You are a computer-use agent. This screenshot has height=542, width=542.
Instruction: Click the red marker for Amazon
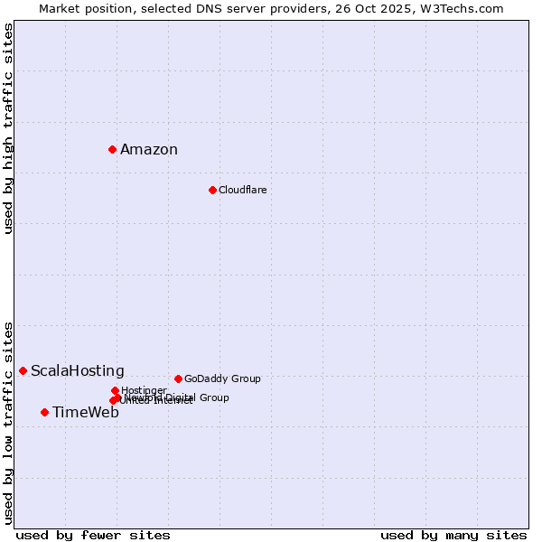click(x=112, y=149)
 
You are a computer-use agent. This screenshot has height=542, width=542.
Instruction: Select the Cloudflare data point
click(x=212, y=190)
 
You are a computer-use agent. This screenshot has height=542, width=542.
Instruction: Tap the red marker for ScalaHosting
click(x=23, y=370)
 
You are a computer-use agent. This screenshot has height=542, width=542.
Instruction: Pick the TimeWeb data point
click(x=44, y=412)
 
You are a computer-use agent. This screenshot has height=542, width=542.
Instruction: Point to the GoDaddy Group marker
click(x=178, y=378)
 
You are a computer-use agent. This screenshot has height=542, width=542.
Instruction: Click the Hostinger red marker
click(x=115, y=390)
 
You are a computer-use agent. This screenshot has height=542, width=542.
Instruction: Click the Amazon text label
click(x=149, y=150)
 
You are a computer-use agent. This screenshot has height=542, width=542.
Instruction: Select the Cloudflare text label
click(x=242, y=190)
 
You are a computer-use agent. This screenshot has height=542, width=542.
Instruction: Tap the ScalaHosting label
click(x=78, y=371)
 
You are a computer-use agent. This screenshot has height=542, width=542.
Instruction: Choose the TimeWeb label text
click(x=86, y=413)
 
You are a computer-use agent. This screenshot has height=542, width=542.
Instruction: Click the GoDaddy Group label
click(x=222, y=378)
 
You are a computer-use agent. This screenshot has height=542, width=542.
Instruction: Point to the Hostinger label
click(x=145, y=390)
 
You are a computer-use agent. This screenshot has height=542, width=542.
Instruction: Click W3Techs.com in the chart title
click(x=463, y=8)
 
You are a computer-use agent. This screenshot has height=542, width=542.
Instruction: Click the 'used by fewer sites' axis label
click(x=93, y=535)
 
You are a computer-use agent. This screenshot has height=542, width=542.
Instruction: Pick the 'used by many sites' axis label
click(x=453, y=535)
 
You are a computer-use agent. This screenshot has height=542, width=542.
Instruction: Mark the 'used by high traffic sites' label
click(x=8, y=128)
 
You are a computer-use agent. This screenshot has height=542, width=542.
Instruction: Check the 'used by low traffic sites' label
click(x=8, y=422)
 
